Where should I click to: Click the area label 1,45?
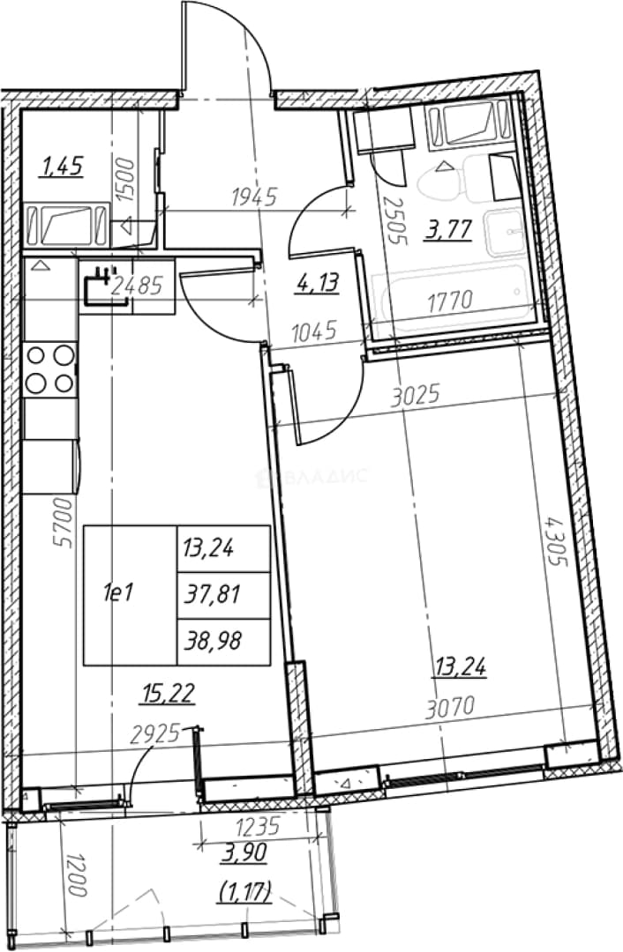point(61,166)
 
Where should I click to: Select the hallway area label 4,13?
point(318,283)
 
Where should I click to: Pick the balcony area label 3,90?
point(245,853)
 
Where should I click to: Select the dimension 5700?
point(64,524)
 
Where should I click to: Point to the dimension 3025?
point(416,397)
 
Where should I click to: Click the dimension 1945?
point(255,197)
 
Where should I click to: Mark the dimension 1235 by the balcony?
point(257,827)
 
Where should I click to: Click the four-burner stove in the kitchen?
point(50,369)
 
